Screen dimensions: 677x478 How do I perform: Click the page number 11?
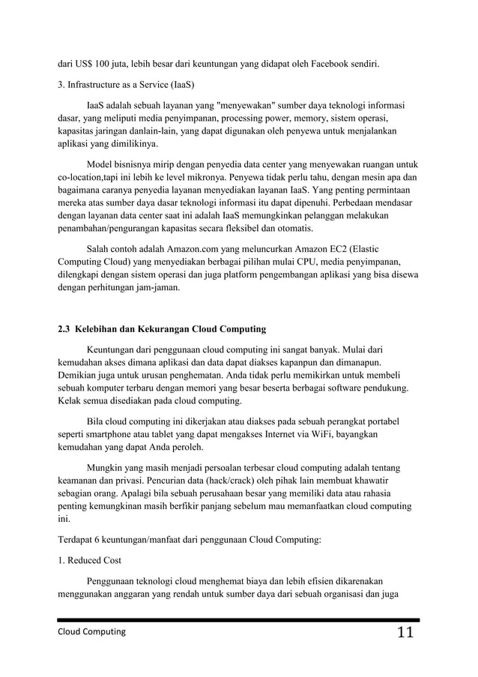[405, 633]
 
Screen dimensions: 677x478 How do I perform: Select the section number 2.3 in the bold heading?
[66, 329]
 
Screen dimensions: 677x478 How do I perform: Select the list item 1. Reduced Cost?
[92, 560]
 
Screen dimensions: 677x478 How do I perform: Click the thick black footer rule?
[239, 620]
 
